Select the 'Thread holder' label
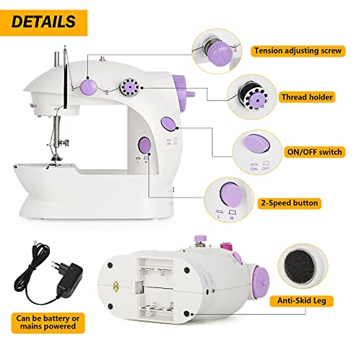(307, 97)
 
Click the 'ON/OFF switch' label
(314, 152)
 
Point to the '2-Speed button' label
(289, 203)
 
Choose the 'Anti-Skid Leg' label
(301, 301)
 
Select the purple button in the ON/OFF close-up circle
(256, 143)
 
